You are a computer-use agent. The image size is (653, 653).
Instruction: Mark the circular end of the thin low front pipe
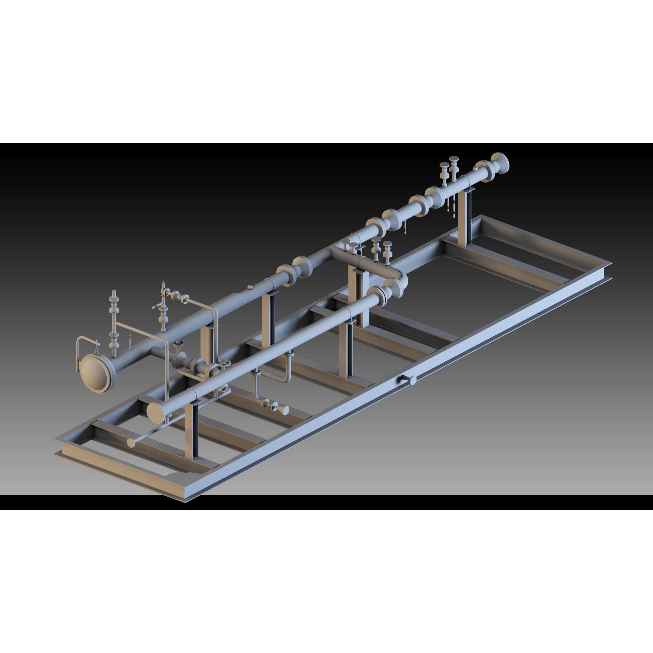click(x=131, y=443)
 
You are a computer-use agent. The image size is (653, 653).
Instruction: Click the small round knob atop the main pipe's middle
click(x=250, y=287)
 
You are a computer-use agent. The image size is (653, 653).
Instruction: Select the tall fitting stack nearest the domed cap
click(x=114, y=321)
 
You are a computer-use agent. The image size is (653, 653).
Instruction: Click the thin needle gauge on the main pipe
click(x=130, y=340)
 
